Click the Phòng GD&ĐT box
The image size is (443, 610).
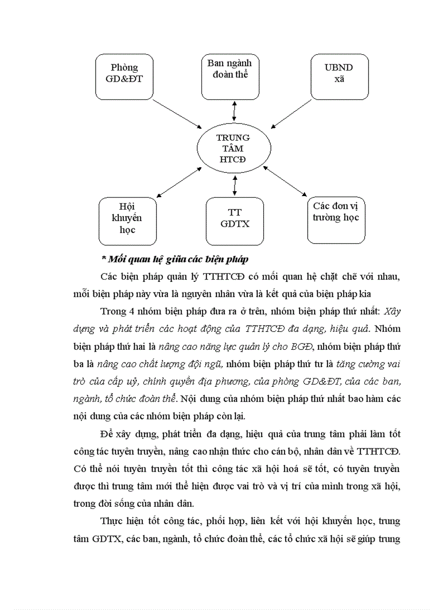pos(124,76)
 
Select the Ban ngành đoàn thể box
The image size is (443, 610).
pos(230,76)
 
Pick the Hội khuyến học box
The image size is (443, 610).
pos(127,221)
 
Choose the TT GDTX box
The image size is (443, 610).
pos(235,221)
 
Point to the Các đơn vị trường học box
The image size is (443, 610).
pos(336,219)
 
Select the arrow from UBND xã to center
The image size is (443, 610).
pos(292,112)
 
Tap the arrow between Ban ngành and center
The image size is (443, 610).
pos(234,111)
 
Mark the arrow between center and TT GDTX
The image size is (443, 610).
pos(235,185)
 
